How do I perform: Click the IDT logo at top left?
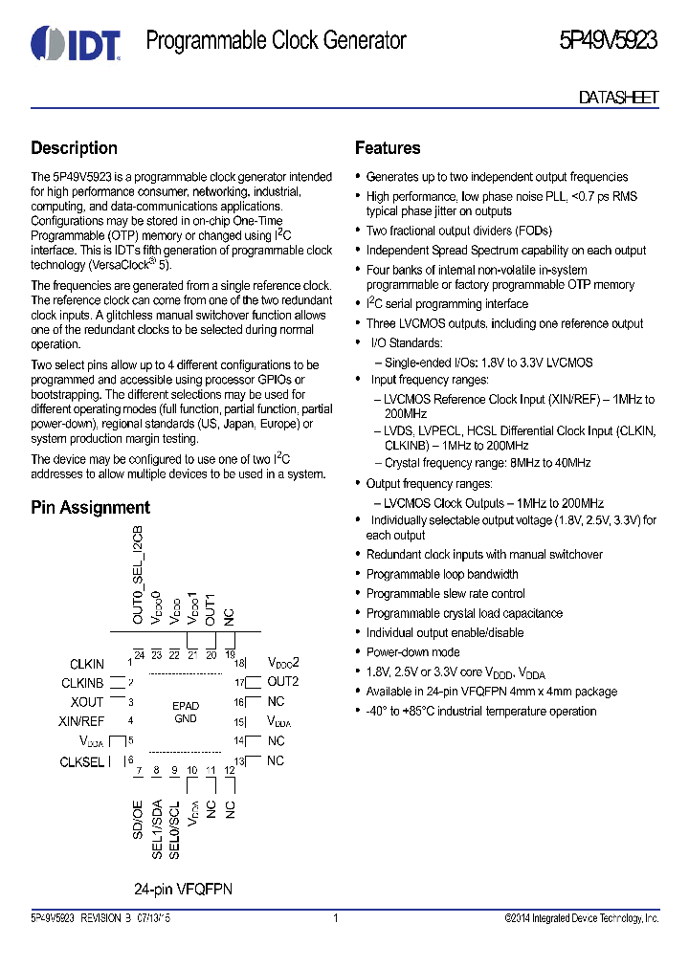pos(75,43)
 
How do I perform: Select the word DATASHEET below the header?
pos(618,98)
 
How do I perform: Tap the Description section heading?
pos(74,148)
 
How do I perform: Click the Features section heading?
pos(388,148)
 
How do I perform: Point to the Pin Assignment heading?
pos(90,508)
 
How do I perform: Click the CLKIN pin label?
pos(87,664)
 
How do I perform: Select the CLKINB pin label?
pos(82,683)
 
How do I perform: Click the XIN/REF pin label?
pos(81,721)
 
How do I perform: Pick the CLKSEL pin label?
pos(82,761)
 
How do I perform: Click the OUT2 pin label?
pos(282,682)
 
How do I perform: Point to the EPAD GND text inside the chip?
pos(185,712)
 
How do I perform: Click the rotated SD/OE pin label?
pos(138,820)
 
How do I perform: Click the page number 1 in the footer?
pos(336,918)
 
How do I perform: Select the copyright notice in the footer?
pos(581,918)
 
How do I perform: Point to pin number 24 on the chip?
pos(139,654)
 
